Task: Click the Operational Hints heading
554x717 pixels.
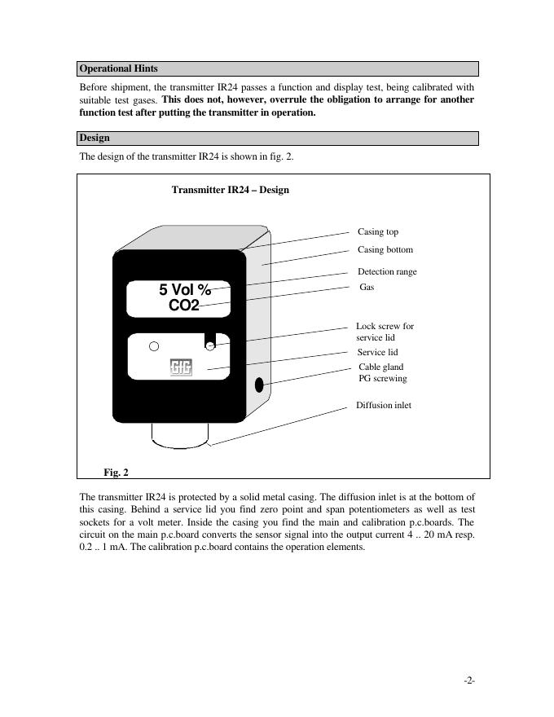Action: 119,68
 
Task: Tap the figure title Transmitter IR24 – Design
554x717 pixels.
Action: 230,190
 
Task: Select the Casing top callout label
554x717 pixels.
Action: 378,232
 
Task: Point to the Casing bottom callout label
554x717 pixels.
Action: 385,250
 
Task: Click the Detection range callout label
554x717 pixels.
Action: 387,271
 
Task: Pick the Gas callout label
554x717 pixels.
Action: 366,288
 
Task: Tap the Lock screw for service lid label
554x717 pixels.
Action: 385,332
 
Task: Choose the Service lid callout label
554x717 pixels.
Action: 377,352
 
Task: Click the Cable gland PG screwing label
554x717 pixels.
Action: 382,372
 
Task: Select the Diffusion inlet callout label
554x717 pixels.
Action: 384,405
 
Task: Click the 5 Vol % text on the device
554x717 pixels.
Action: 185,290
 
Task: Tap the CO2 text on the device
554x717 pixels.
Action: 184,306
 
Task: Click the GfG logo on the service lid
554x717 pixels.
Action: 180,367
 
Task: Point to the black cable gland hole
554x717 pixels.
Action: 260,384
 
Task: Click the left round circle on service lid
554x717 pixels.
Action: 154,346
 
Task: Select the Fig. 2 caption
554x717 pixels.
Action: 116,472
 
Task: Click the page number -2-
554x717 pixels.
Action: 469,680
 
